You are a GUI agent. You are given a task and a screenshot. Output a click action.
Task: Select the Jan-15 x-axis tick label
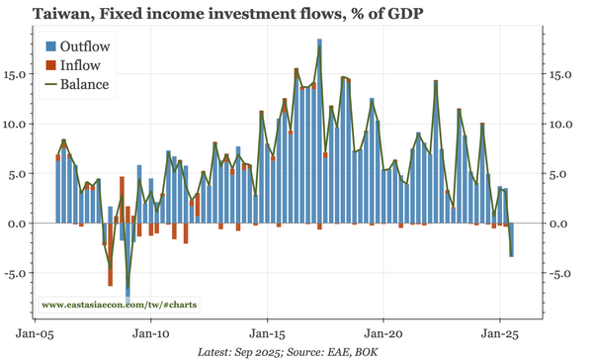click(268, 333)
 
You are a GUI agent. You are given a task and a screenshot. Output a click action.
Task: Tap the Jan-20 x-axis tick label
click(383, 333)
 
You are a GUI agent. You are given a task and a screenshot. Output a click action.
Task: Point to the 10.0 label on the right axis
click(562, 124)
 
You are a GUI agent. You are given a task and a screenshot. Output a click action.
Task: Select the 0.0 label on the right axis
click(559, 224)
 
